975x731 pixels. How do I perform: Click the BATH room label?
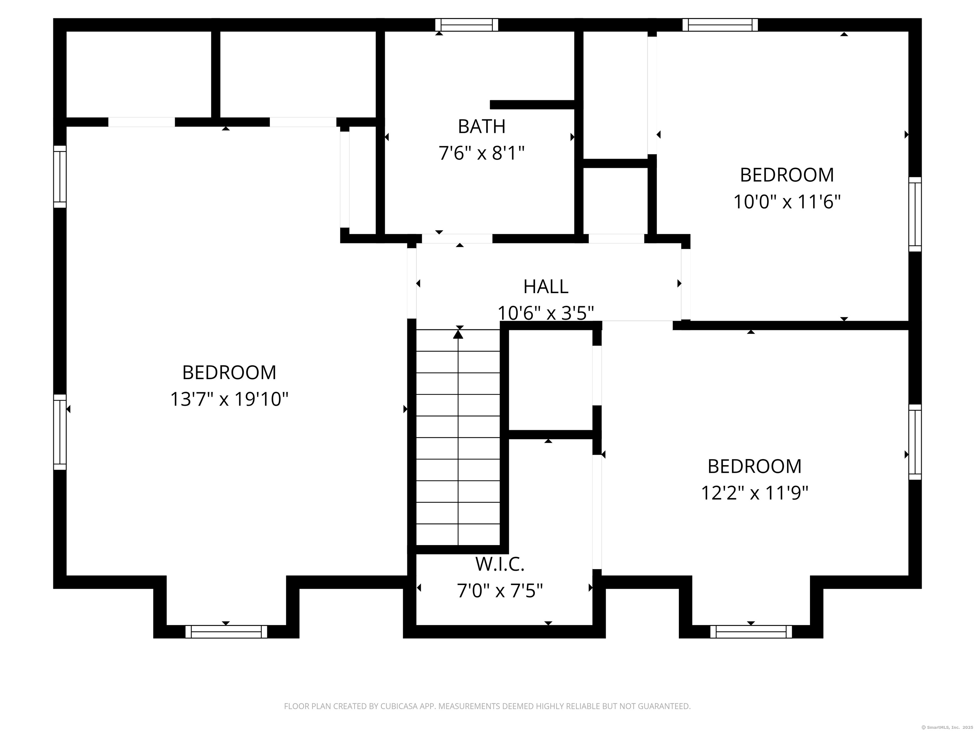(481, 127)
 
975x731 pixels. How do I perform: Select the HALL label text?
(546, 287)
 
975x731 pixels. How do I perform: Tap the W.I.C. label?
(500, 564)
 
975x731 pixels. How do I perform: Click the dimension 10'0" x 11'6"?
(787, 202)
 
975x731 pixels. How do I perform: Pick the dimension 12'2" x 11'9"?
(755, 493)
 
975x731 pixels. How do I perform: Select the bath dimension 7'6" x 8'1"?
(481, 154)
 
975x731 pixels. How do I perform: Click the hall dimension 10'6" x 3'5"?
(546, 313)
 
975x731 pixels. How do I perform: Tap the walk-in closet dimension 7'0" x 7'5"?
(500, 591)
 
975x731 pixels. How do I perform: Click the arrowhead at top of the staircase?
(458, 334)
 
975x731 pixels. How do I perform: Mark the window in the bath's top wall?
(467, 25)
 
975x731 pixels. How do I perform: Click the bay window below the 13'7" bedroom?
(226, 631)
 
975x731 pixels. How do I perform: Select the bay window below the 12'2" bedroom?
(751, 631)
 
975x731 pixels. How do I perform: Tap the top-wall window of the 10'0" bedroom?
(720, 25)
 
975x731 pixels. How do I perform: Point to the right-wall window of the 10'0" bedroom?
(915, 214)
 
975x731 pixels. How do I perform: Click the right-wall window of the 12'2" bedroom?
(915, 442)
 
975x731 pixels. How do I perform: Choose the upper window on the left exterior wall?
(60, 176)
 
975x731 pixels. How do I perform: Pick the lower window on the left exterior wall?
(60, 432)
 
